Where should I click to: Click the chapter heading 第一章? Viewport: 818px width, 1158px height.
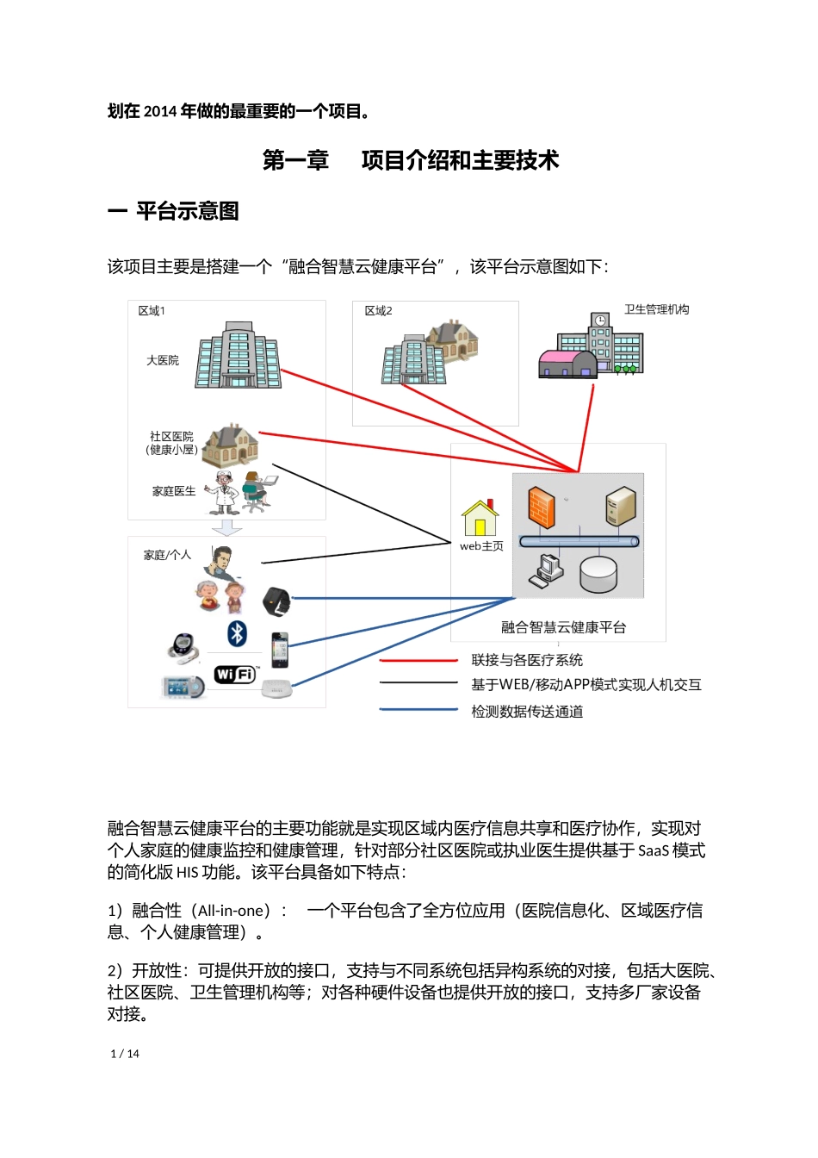tap(295, 161)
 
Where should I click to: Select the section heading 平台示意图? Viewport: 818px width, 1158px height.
tap(187, 211)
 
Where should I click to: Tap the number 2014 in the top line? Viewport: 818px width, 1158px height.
tap(160, 111)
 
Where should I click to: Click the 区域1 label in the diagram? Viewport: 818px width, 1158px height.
tap(152, 311)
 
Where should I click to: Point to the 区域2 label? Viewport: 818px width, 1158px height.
tap(378, 311)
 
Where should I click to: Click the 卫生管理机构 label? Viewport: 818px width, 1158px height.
tap(656, 309)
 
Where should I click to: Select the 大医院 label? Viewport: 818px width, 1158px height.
tap(163, 360)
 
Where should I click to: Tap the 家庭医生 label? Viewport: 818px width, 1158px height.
tap(174, 491)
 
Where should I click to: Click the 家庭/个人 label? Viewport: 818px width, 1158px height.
tap(167, 555)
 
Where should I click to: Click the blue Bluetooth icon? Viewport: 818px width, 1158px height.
tap(237, 633)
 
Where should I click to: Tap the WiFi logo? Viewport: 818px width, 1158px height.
tap(234, 674)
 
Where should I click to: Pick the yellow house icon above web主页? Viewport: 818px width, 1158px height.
tap(480, 519)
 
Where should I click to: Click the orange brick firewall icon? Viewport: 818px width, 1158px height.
tap(541, 507)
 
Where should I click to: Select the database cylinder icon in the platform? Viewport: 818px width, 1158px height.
tap(598, 574)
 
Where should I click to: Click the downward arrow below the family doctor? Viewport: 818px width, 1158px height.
tap(226, 526)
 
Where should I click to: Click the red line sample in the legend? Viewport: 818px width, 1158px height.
tap(418, 661)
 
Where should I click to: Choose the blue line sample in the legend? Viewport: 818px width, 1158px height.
tap(418, 710)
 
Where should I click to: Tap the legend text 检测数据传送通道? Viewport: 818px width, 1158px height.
tap(527, 712)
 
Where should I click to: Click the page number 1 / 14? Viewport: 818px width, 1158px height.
tap(125, 1054)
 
